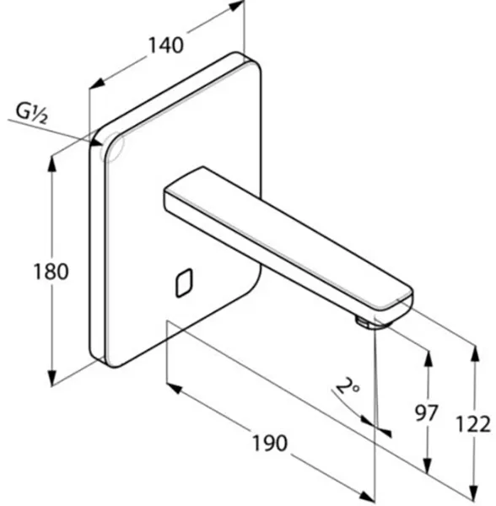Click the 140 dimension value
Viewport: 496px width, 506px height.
pos(166,46)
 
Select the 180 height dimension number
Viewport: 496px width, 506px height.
pos(51,272)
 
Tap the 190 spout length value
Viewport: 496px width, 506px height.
pos(269,443)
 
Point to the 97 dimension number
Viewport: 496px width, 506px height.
pos(426,412)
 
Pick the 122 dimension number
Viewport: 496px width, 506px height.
pos(472,424)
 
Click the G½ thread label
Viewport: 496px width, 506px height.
pos(31,114)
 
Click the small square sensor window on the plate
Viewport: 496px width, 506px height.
pos(184,283)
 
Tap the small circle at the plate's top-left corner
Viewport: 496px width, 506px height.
pos(111,147)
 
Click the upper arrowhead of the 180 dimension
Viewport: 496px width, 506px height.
pos(51,164)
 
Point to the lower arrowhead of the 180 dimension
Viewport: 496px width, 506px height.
pos(51,378)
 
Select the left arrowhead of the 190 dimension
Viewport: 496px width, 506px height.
pos(175,388)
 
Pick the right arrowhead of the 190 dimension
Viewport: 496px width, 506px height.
pos(367,497)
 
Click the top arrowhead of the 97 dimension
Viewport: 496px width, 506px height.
pos(429,358)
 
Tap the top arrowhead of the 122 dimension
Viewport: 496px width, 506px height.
pos(474,353)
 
